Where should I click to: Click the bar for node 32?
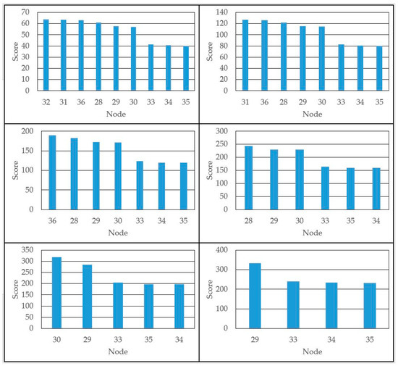[x=46, y=55]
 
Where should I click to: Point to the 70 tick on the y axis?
[x=25, y=12]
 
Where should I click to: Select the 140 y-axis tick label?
[x=222, y=12]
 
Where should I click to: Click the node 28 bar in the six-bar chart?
[x=248, y=178]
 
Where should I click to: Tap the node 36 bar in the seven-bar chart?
[x=52, y=172]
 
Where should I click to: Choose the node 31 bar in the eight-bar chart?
[x=245, y=55]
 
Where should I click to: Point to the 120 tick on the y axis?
[x=222, y=23]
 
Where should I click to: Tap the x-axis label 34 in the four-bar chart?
[x=333, y=337]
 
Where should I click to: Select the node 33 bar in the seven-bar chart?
[x=138, y=185]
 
